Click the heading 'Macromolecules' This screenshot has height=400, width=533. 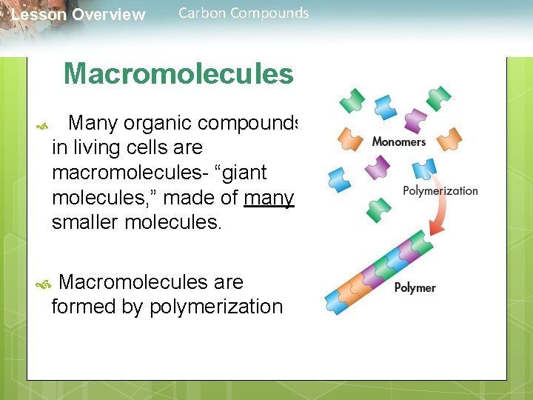(x=178, y=74)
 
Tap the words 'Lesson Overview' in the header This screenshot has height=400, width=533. (x=78, y=15)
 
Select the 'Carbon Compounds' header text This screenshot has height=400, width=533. (x=244, y=13)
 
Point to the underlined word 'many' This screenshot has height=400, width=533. (x=278, y=197)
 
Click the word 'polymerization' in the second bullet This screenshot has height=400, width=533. (x=216, y=307)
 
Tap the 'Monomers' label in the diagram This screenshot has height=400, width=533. (x=398, y=141)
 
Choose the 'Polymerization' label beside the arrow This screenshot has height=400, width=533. (x=440, y=190)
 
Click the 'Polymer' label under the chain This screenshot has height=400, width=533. (x=415, y=287)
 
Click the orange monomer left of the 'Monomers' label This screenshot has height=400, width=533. (x=350, y=138)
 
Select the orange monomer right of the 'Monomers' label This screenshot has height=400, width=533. (x=449, y=137)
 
